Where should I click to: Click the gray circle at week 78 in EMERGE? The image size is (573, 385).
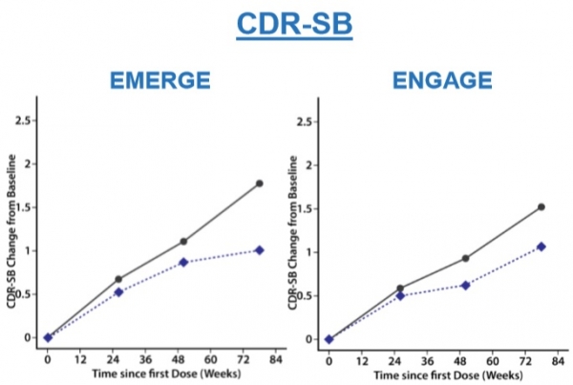tap(260, 183)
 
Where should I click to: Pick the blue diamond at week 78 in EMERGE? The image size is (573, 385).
tap(260, 250)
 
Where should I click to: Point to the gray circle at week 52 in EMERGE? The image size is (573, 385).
tap(183, 241)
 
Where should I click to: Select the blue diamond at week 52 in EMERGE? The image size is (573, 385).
tap(183, 262)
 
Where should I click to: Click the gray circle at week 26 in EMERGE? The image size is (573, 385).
tap(118, 279)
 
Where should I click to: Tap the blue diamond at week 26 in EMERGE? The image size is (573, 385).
tap(118, 291)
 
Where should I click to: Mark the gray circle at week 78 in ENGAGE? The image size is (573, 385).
tap(541, 206)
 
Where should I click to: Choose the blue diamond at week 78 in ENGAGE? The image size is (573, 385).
tap(541, 246)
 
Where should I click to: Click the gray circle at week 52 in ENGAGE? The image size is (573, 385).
tap(465, 258)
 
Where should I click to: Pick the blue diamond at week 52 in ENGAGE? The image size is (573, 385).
tap(465, 285)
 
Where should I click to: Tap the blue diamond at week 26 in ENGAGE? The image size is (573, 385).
tap(400, 295)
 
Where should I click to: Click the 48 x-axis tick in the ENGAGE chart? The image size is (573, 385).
tap(459, 361)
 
